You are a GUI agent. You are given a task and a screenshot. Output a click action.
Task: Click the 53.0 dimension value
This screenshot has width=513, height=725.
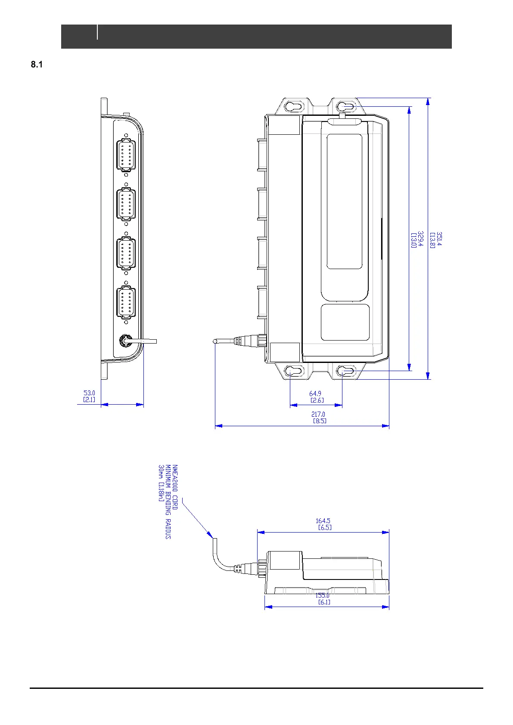(89, 393)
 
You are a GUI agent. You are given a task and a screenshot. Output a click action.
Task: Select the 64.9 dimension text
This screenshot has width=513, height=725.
(315, 393)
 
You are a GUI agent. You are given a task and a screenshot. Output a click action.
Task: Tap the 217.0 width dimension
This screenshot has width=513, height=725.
(318, 414)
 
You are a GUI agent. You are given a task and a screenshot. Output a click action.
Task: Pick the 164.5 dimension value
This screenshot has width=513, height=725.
(323, 521)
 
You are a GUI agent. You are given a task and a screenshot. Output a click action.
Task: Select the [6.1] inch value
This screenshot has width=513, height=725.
(324, 602)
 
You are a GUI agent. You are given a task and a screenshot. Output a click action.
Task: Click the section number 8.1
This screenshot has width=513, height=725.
(36, 65)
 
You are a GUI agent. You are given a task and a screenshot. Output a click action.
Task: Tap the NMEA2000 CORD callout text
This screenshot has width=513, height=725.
(174, 487)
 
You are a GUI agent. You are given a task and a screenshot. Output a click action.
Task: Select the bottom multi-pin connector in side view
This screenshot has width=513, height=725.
(126, 303)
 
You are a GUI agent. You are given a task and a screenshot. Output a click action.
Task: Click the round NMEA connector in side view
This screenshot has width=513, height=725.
(125, 341)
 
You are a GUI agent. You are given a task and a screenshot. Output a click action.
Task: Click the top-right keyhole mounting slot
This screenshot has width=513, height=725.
(345, 106)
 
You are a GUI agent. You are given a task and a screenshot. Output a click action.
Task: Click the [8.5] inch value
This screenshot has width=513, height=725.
(320, 421)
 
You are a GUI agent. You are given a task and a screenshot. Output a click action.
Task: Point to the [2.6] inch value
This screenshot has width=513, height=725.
(317, 400)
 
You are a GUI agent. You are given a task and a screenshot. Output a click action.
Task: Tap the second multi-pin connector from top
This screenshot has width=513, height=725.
(126, 204)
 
